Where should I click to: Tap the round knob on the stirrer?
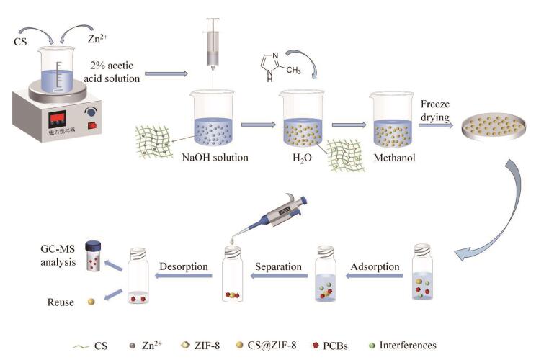click(x=91, y=112)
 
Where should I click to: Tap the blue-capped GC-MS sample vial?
click(x=92, y=255)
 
